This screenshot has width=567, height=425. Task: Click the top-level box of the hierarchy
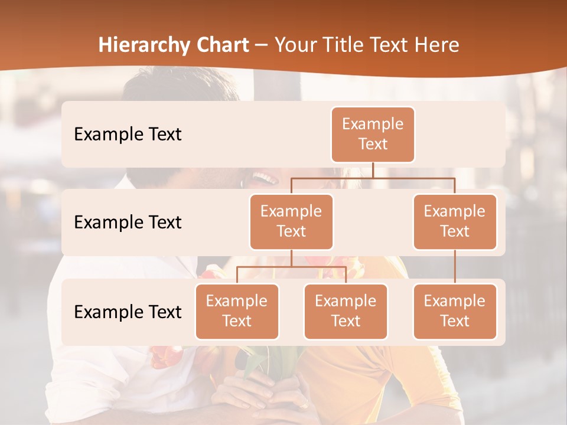373,135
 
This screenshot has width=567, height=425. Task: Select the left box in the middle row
291,222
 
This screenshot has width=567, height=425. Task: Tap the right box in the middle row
455,222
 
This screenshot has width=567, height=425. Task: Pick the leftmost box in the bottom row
237,312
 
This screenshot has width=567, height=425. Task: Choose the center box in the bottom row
346,312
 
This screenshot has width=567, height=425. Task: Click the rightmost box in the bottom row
455,312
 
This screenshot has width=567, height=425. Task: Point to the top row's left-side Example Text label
128,135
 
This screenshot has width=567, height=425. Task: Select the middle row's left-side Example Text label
128,223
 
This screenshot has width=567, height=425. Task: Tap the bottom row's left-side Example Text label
128,312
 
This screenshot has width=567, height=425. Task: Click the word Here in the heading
437,45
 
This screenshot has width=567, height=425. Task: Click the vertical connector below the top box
373,170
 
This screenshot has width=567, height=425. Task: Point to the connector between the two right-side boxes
455,267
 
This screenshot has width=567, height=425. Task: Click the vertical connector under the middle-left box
291,258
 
